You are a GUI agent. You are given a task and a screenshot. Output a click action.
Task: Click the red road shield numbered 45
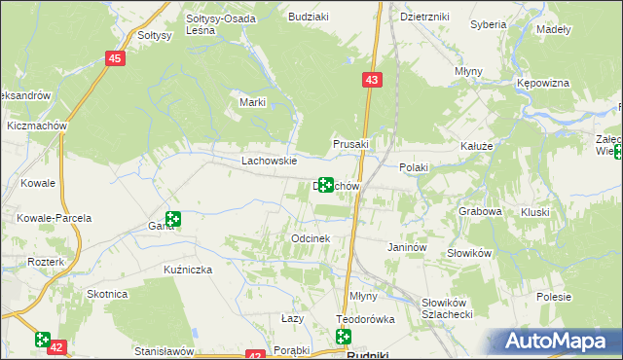(116, 59)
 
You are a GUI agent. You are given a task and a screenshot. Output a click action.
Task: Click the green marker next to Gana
(172, 220)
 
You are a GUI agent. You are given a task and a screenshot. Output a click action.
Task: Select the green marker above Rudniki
(344, 337)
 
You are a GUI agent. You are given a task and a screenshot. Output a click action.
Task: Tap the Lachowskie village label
(269, 162)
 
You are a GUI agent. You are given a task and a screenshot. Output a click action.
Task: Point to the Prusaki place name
(351, 144)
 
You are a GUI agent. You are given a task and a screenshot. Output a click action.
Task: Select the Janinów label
(408, 248)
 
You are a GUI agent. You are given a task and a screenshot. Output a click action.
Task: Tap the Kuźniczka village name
(188, 269)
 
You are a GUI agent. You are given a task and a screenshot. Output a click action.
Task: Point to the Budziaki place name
(308, 17)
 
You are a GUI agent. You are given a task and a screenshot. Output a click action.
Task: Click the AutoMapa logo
(559, 341)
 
